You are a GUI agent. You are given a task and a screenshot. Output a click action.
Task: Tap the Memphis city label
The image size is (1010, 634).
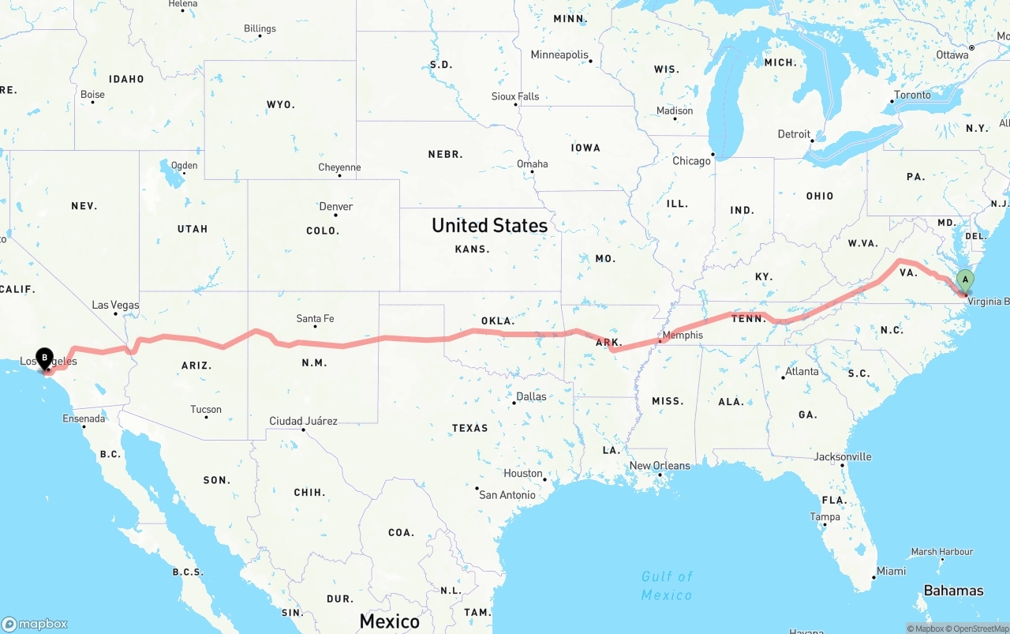(x=683, y=335)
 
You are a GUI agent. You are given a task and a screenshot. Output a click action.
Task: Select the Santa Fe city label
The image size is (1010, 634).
(x=315, y=319)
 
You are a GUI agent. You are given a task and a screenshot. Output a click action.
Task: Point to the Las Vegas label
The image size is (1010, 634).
(x=115, y=305)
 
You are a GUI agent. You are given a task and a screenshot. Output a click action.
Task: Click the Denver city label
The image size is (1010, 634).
(x=336, y=207)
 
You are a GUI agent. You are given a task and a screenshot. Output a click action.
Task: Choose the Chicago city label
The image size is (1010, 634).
(x=691, y=161)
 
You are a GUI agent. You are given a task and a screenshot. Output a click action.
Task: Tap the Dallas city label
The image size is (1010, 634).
(x=531, y=396)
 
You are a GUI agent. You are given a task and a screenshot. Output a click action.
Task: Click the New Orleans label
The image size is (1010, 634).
(x=660, y=466)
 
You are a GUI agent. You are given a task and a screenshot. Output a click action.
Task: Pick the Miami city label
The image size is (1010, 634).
(x=892, y=571)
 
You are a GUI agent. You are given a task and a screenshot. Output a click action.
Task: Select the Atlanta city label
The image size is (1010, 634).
(x=802, y=371)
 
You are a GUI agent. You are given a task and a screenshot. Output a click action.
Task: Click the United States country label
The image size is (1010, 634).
(x=489, y=226)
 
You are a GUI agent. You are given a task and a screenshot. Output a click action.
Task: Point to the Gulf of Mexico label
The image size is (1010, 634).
(x=667, y=585)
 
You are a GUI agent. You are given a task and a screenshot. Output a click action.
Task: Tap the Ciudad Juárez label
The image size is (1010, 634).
(x=303, y=421)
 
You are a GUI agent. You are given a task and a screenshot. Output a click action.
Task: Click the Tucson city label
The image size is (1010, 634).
(x=206, y=409)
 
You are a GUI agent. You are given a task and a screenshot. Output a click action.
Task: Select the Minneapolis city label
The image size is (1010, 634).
(x=559, y=55)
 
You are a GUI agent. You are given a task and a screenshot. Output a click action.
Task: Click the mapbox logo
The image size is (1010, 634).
(x=36, y=624)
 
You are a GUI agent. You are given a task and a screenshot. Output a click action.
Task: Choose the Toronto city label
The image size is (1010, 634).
(x=912, y=96)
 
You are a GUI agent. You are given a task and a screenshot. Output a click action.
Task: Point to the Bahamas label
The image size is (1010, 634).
(x=953, y=591)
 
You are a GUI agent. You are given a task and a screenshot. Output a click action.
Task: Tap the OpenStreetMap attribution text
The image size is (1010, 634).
(x=978, y=629)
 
